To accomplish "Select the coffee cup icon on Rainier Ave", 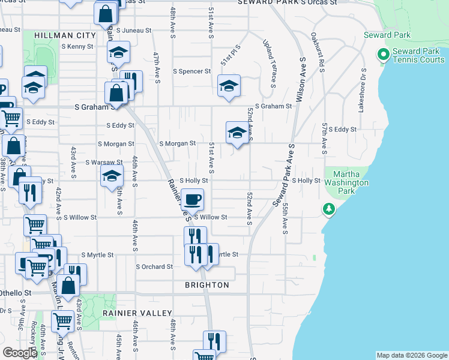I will point(192,199).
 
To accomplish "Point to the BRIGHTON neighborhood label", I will point(206,285).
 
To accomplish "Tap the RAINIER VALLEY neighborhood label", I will point(137,313).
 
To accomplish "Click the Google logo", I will point(20,353).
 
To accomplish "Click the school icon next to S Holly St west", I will point(111,176).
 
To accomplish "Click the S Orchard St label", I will point(154,266).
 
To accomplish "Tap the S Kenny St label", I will point(77,46).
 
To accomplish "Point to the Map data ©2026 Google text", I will point(412,355).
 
